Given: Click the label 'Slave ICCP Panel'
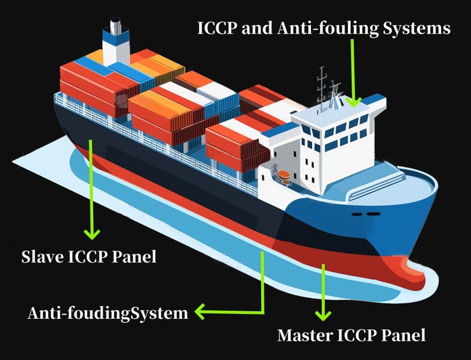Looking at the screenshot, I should point(89,257).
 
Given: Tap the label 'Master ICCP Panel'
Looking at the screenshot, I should point(351,335).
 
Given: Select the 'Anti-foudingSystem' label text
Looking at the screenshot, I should point(108,313).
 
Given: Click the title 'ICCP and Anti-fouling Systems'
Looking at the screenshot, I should point(324,28).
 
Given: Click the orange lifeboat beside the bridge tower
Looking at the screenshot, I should point(282,175).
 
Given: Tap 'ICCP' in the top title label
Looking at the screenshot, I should point(217,28).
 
